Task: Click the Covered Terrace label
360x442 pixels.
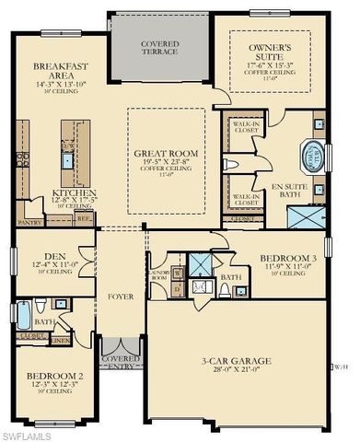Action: [159, 48]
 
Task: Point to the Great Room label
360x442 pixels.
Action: [167, 157]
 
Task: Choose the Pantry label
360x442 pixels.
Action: [30, 222]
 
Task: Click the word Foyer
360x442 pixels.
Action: [122, 297]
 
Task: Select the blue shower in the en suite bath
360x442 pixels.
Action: [305, 217]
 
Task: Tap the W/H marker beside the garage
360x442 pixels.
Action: [342, 366]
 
